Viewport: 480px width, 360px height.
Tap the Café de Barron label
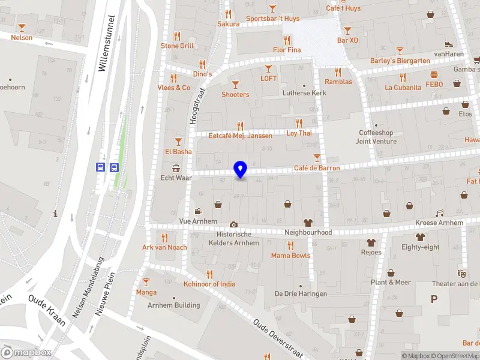pos(317,169)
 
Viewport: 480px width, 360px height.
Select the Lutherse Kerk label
pos(304,94)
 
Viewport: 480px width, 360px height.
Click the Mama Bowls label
pos(290,256)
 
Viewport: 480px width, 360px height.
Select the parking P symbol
pos(434,299)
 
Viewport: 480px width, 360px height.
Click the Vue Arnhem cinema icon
pos(198,211)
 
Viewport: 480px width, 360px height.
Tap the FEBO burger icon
pos(434,74)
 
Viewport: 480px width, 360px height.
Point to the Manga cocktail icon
pos(146,281)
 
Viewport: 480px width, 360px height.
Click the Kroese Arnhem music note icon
pos(439,213)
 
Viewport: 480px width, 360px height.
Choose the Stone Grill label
pos(177,46)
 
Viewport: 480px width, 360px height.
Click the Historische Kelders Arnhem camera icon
pos(233,224)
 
